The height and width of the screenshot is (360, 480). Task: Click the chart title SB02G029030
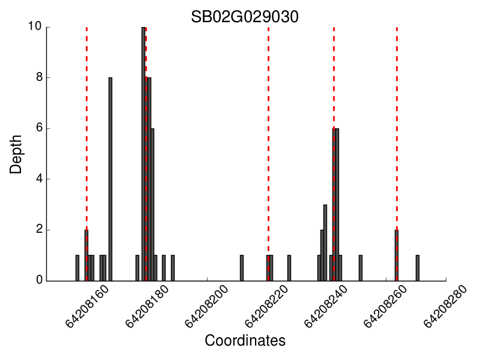[245, 17]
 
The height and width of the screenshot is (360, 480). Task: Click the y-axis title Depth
[16, 154]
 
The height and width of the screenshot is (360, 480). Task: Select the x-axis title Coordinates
[245, 341]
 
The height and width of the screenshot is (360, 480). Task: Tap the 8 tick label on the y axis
[38, 77]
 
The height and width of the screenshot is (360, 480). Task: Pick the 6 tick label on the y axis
[38, 128]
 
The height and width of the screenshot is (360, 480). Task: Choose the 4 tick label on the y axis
[38, 179]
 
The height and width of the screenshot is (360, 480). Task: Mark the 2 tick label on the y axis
[38, 230]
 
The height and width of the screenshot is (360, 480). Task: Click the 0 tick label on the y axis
[38, 280]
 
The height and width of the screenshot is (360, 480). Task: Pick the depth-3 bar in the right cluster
[325, 242]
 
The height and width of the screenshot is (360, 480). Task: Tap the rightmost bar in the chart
[418, 268]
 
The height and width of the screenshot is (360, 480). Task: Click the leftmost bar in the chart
[77, 268]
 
